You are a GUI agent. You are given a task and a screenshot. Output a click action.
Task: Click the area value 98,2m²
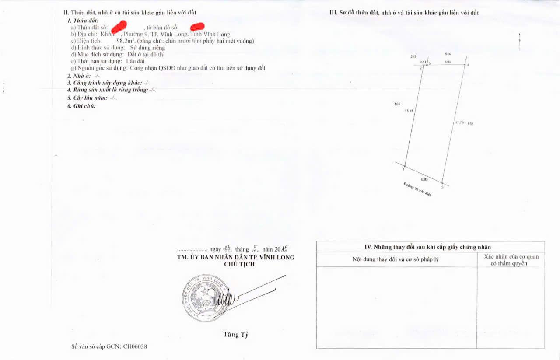125,41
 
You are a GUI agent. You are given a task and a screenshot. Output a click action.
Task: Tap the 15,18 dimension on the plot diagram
409,111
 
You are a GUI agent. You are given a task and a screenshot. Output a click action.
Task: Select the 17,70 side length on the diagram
459,123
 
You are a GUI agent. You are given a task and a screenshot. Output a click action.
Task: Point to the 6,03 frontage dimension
424,179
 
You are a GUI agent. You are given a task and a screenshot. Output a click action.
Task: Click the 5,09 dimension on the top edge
448,62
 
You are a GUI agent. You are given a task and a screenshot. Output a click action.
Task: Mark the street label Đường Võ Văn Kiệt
417,189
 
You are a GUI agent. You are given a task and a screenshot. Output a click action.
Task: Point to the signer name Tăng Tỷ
236,335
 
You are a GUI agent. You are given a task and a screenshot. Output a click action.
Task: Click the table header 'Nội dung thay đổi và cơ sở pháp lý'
395,259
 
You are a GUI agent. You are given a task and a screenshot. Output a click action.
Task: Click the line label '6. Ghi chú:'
81,106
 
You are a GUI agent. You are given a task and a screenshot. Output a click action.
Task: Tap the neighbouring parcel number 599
397,104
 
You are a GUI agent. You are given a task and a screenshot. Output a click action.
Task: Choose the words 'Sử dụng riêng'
147,48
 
